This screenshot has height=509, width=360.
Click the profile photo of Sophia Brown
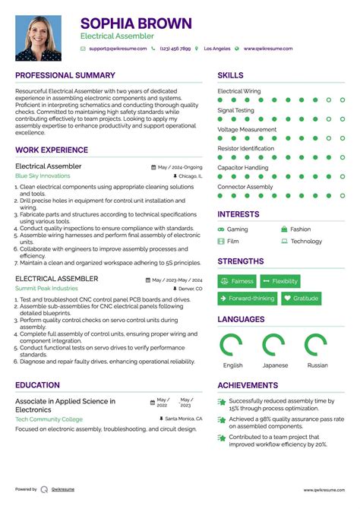(x=38, y=37)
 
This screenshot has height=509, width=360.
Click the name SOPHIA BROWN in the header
(x=136, y=24)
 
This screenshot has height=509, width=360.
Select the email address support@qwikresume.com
(x=117, y=49)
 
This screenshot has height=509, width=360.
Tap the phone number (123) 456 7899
(x=175, y=49)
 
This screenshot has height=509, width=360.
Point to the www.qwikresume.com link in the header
(x=267, y=49)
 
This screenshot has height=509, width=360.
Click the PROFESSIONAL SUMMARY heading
(x=65, y=76)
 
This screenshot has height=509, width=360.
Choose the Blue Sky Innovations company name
(x=43, y=175)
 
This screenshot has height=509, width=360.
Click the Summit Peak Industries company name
(x=46, y=289)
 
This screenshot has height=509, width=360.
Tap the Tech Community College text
(x=50, y=419)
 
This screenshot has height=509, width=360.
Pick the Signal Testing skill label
(x=235, y=110)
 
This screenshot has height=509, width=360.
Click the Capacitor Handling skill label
(x=242, y=167)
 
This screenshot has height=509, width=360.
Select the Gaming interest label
(x=237, y=229)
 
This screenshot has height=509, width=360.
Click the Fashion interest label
(x=300, y=229)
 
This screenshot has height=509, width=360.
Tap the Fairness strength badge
(x=237, y=281)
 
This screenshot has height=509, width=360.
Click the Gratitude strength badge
(x=300, y=299)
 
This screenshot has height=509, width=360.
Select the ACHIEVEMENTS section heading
(x=248, y=385)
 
